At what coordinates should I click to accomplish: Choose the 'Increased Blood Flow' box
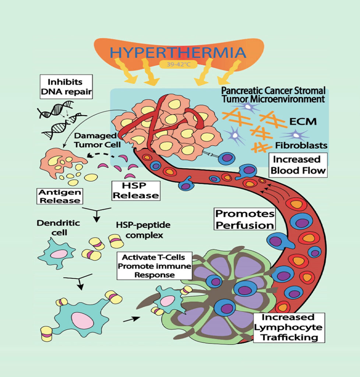pyautogui.click(x=297, y=165)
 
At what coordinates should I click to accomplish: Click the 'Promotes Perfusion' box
pyautogui.click(x=245, y=219)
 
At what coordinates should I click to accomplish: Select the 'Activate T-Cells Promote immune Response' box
pyautogui.click(x=154, y=266)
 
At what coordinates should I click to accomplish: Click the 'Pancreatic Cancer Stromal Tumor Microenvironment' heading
pyautogui.click(x=273, y=94)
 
